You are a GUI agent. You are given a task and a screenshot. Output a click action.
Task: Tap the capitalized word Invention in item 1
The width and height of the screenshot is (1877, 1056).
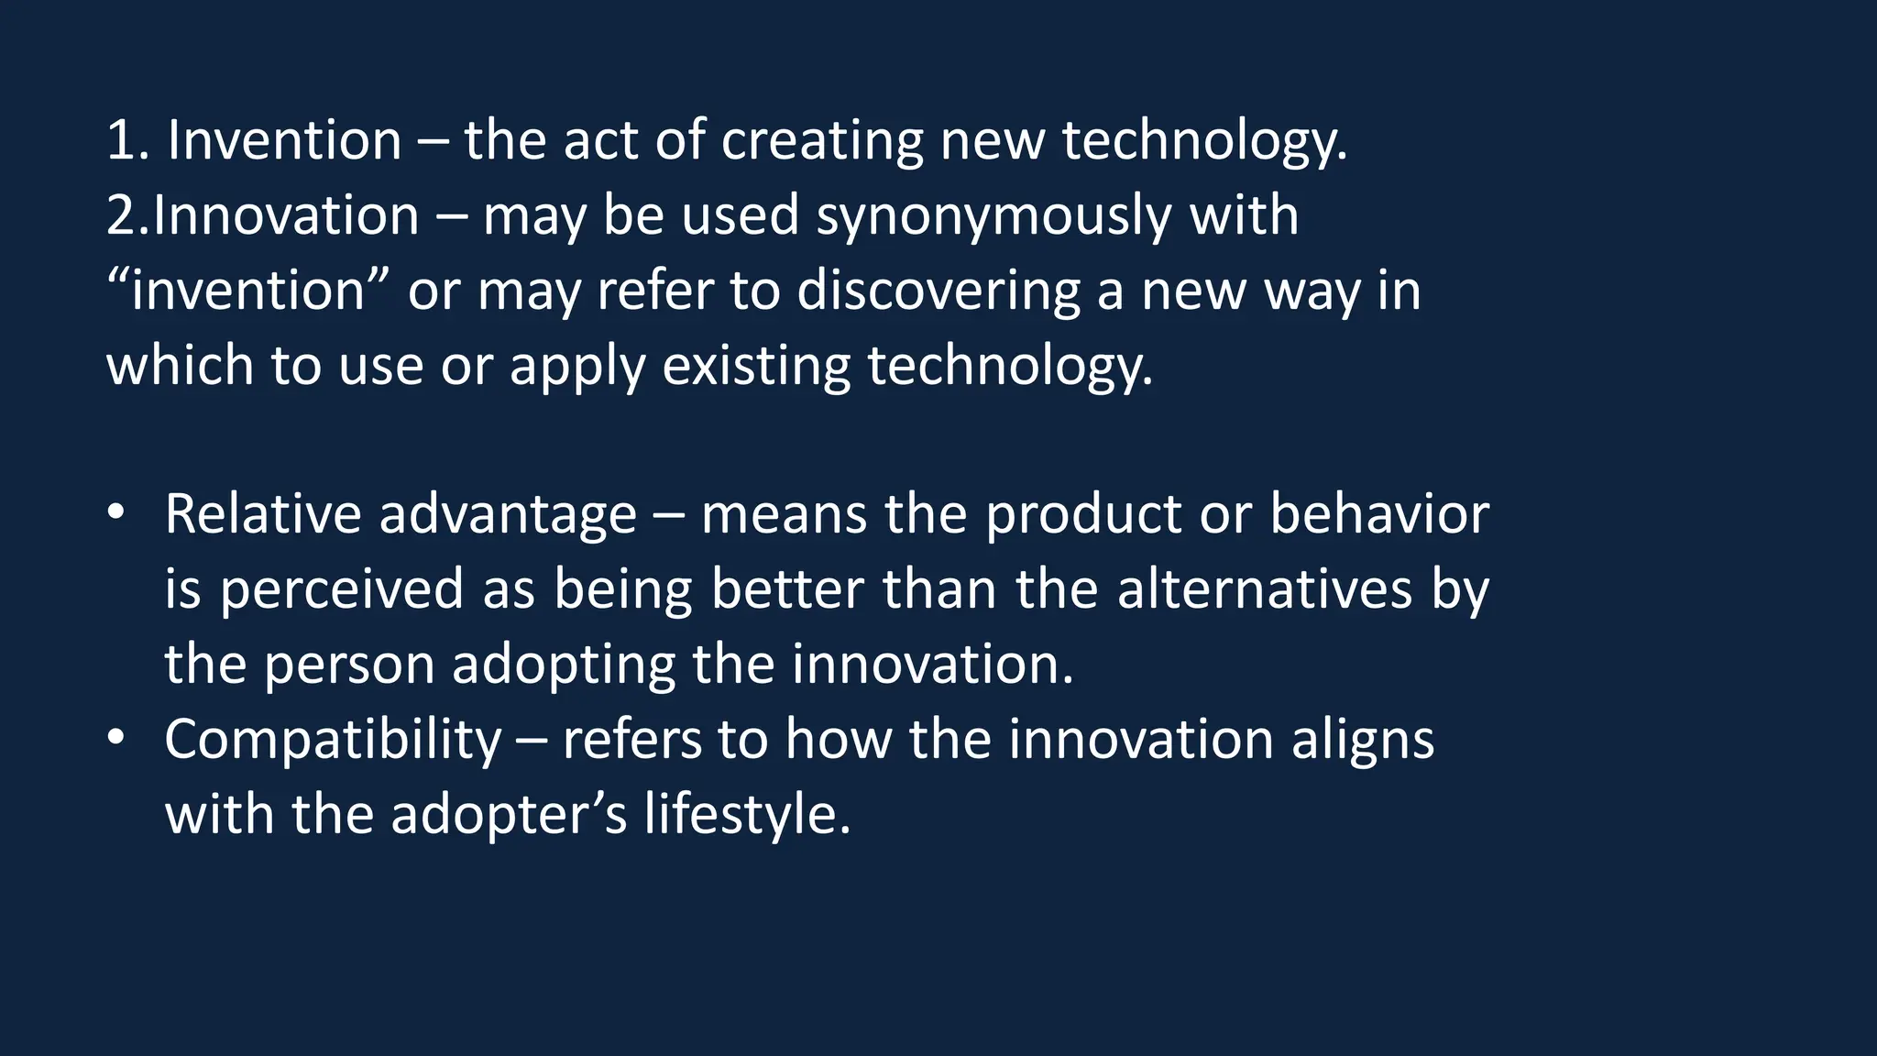(284, 142)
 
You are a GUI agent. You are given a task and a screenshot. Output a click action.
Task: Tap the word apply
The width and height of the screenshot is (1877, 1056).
(577, 367)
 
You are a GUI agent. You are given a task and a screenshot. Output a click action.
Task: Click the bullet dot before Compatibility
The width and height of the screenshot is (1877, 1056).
(115, 738)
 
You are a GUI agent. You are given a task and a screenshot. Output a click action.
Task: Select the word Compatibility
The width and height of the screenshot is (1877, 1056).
(333, 740)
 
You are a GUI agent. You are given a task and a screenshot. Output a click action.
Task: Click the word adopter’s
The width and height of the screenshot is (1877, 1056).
(509, 815)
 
